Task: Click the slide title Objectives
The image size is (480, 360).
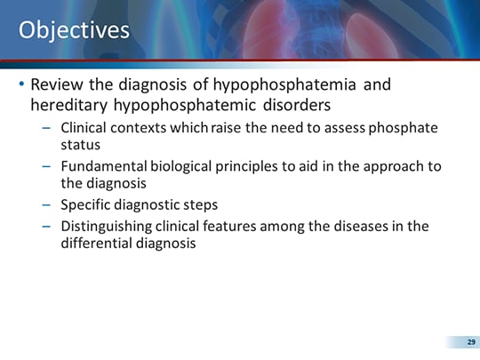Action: click(74, 31)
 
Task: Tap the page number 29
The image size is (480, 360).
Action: click(471, 341)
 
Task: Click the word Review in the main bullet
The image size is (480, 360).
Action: click(60, 86)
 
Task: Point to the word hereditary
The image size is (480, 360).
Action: click(67, 105)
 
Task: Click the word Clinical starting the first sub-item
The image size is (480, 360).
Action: click(84, 127)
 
